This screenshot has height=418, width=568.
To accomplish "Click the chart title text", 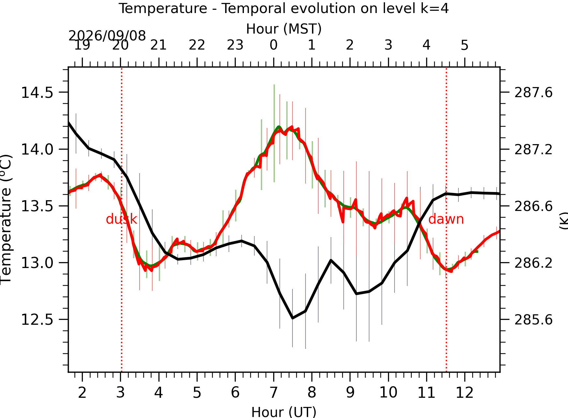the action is coord(283,8).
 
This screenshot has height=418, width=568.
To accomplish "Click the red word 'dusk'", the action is coord(121,219).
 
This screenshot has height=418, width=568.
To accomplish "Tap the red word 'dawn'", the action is coord(446,219).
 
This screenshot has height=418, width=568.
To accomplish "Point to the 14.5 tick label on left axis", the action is coord(37,93).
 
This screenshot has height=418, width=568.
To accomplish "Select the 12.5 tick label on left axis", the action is coord(37,320).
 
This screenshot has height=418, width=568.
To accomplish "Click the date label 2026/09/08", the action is coord(107,36).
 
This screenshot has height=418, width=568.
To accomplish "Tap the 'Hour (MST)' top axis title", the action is coord(284,29).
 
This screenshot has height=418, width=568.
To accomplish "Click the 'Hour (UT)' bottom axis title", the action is coord(284,412).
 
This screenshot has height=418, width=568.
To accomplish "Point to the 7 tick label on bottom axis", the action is coord(273,393).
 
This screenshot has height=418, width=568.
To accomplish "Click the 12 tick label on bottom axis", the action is coord(464,393).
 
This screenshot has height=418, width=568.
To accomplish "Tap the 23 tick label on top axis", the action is coord(235,45).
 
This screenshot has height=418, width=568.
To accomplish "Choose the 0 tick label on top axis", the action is coord(273,45).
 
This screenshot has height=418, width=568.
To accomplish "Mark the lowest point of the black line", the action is coord(292,318).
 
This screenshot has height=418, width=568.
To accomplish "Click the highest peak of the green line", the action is coord(279,127).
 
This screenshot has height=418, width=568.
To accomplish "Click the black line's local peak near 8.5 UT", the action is coord(331,260).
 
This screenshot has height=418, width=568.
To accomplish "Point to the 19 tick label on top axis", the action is coord(82,45).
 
